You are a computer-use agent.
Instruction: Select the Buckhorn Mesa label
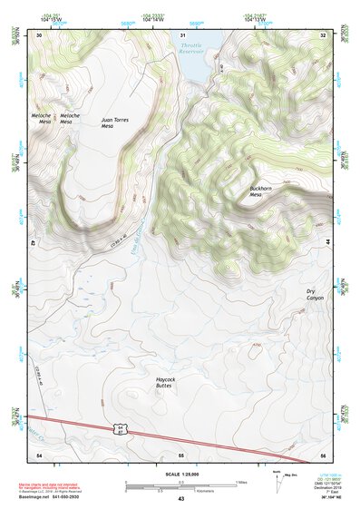(261, 192)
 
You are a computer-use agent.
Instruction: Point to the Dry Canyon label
(314, 294)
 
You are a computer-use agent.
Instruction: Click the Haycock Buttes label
(165, 382)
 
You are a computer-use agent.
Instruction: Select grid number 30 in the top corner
(39, 34)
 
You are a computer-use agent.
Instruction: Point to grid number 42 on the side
(35, 243)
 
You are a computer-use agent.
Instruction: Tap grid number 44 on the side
(326, 243)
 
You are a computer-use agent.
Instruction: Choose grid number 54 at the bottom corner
(39, 453)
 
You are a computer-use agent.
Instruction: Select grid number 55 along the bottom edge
(181, 453)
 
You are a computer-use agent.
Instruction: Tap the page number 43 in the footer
(180, 499)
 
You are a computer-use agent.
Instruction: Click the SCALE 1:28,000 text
(180, 475)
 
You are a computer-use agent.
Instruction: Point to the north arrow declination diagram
(277, 482)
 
